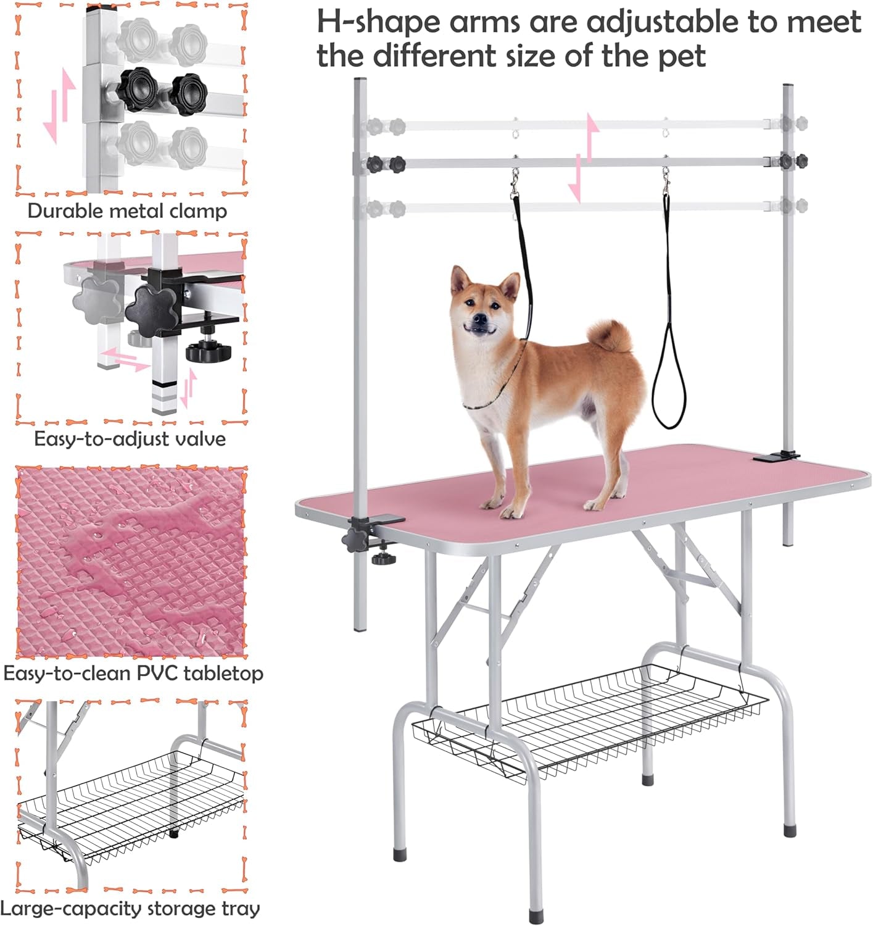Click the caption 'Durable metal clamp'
tap(127, 211)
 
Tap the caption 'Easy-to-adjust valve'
tap(130, 439)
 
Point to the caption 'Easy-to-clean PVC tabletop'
tap(133, 673)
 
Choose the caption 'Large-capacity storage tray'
tap(130, 908)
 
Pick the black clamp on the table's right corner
tap(776, 457)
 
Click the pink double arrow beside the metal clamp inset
tap(60, 105)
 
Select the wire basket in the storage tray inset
tap(130, 803)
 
